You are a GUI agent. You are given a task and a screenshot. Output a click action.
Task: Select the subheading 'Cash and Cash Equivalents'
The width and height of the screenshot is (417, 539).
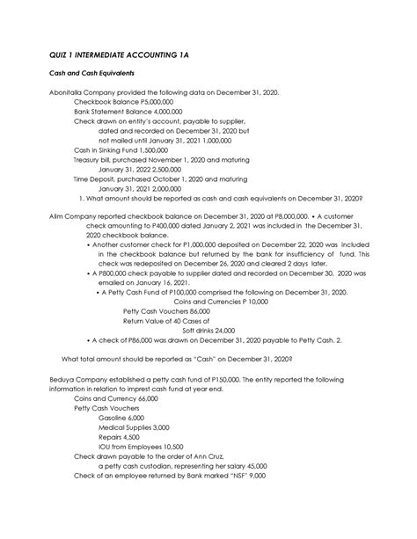pyautogui.click(x=78, y=76)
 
